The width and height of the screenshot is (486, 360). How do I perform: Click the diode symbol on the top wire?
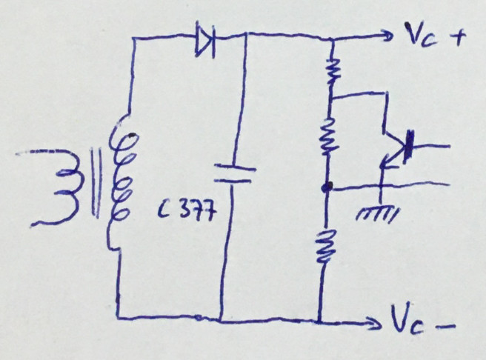[205, 39]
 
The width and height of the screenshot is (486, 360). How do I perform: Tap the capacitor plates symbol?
[235, 174]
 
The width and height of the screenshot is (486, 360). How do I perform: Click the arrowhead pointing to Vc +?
[387, 36]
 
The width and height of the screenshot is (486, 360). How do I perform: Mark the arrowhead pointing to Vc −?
[374, 323]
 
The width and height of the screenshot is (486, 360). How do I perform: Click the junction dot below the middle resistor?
[327, 187]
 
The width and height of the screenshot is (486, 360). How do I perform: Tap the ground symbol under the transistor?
[377, 214]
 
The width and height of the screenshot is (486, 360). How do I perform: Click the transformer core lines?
[96, 183]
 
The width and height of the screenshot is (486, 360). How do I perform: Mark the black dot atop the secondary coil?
[133, 135]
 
